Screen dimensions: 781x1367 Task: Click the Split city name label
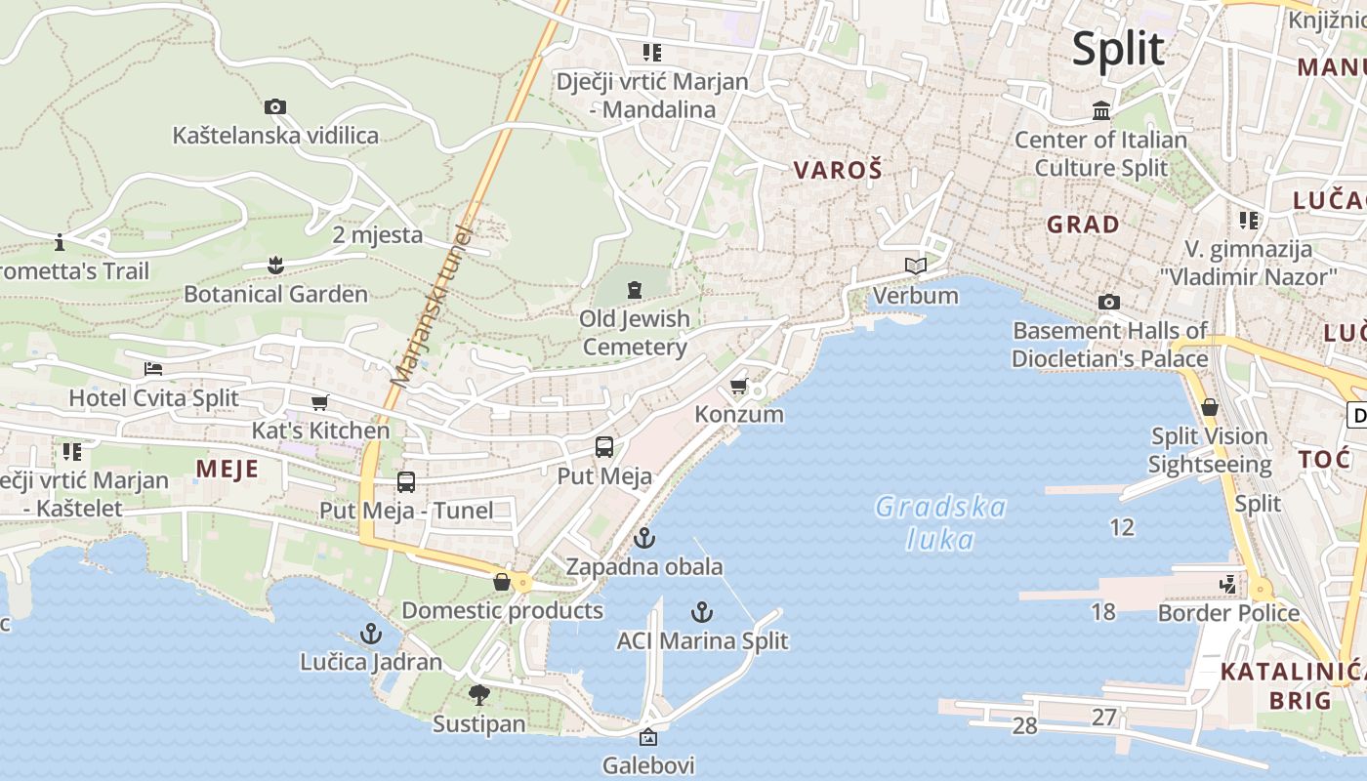(1118, 49)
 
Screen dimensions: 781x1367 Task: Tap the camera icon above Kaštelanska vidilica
(275, 106)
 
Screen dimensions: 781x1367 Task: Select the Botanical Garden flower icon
(275, 265)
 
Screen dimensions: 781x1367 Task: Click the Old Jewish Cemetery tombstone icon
(636, 289)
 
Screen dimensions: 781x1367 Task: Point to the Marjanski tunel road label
(431, 305)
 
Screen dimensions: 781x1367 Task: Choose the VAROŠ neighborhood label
(838, 170)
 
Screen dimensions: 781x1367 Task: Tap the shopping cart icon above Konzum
(739, 387)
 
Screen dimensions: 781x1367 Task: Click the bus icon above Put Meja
(604, 447)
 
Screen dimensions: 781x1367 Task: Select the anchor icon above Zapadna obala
(643, 538)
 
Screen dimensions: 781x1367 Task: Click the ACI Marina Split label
(702, 640)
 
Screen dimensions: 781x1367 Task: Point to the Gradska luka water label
(940, 522)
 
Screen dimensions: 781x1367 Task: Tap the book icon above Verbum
(915, 266)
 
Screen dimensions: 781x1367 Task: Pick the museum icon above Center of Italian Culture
(1101, 111)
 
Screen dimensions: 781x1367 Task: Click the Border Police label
(1228, 613)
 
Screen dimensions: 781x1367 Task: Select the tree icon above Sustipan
(478, 695)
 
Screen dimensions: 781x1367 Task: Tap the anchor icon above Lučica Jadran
(370, 634)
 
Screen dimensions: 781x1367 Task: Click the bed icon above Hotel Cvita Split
(153, 369)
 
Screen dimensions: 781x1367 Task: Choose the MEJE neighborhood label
(228, 470)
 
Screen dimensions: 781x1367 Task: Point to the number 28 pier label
(1024, 725)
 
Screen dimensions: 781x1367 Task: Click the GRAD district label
(1083, 225)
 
